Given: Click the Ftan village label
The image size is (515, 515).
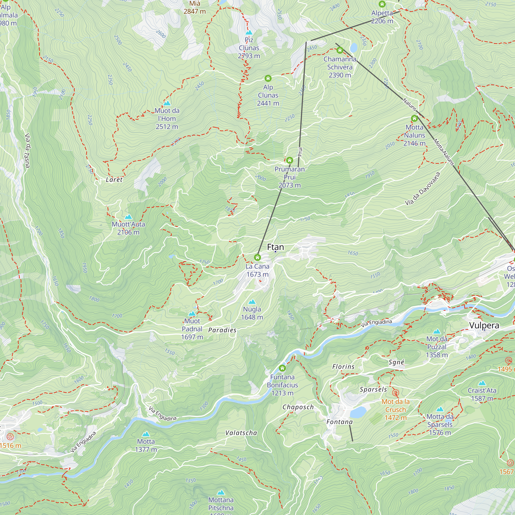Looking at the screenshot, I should [275, 247].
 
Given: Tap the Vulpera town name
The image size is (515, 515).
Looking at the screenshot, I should [484, 325].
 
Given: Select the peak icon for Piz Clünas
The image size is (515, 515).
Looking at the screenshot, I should [249, 32].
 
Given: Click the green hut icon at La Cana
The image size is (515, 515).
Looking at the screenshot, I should [257, 257].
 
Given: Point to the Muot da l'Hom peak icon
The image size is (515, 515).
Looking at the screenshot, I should [167, 103].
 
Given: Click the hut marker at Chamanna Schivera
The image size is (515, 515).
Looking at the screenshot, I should [340, 50].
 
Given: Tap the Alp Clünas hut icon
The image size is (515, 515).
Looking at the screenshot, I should [268, 78].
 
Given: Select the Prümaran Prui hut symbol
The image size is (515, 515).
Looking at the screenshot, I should [289, 160].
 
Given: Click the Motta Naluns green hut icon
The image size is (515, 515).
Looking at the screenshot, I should [414, 118].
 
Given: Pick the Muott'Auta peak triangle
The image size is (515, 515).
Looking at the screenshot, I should [128, 217].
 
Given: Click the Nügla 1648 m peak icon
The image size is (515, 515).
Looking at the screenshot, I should [252, 302].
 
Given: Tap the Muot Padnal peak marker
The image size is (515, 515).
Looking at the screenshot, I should [192, 313].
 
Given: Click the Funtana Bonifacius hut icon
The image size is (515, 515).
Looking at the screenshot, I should [282, 368].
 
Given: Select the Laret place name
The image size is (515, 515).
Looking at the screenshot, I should [114, 180].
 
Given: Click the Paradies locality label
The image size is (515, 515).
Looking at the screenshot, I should [222, 330].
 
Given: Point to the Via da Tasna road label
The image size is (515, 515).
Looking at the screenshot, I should [27, 151].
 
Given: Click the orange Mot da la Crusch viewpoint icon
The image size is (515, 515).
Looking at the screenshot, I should [396, 393].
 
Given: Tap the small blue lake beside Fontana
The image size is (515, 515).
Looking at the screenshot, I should [358, 412].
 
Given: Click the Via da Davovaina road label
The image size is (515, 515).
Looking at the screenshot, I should [422, 189].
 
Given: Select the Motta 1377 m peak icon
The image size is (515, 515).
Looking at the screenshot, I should [146, 434].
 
